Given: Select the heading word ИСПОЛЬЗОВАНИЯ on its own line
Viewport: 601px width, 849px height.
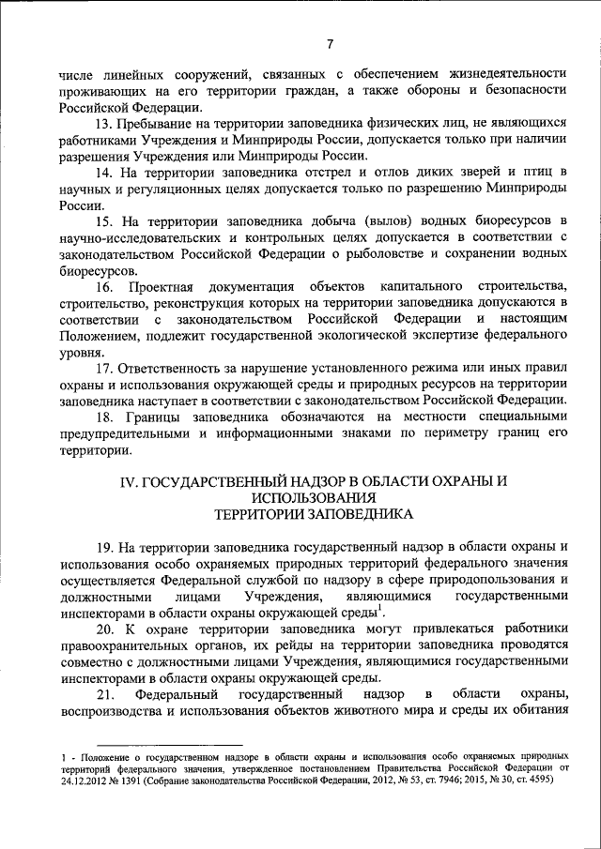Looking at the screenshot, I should pos(308,497).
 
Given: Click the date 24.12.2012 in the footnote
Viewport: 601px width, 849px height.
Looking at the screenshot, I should pos(83,780).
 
